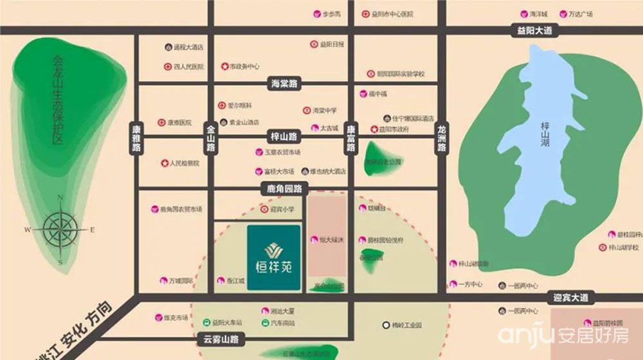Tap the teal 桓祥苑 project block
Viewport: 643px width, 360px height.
click(273, 257)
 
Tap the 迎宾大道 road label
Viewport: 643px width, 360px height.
click(570, 298)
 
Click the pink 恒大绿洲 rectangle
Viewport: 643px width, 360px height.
click(328, 238)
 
